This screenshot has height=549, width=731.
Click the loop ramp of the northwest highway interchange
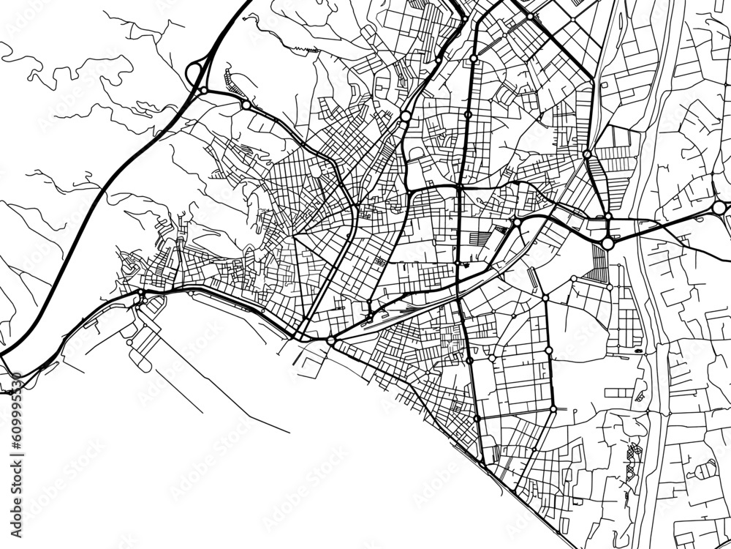[194, 73]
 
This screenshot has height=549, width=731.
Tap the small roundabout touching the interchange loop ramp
[204, 91]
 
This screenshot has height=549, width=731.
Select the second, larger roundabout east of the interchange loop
[246, 105]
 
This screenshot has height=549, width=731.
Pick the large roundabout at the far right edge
[719, 209]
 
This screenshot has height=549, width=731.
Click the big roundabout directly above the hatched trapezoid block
[607, 242]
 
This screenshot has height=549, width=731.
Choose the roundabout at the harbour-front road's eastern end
[330, 340]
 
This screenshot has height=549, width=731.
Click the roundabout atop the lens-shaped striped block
[587, 154]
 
